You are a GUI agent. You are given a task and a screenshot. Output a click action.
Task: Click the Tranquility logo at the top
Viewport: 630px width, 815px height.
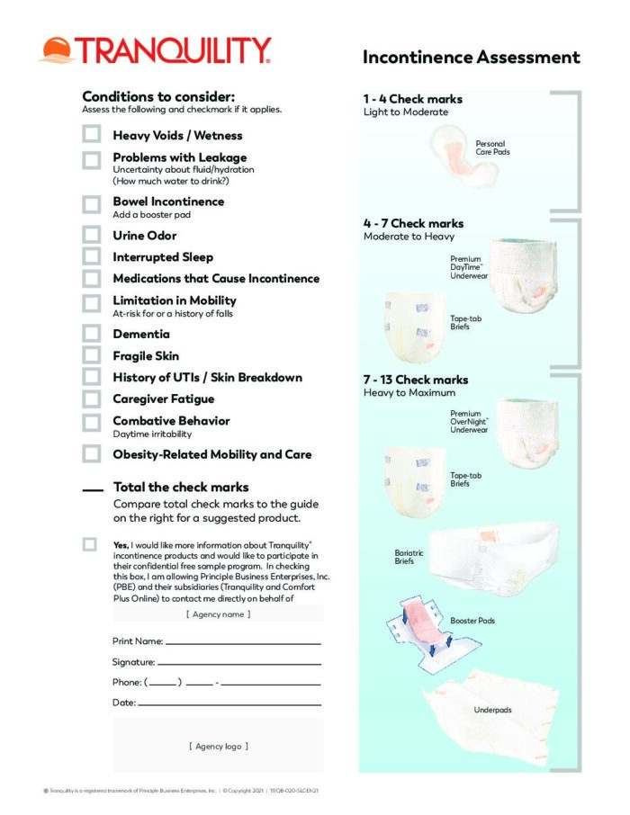tap(154, 50)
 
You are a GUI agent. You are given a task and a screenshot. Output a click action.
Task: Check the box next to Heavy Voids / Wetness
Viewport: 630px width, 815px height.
tap(92, 135)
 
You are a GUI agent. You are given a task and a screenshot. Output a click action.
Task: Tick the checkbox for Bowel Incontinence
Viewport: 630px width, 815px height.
tap(92, 204)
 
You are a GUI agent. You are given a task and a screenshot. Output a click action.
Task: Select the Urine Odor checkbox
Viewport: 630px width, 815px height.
tap(92, 235)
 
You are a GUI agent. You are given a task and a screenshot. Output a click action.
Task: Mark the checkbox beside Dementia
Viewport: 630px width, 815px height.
tap(92, 334)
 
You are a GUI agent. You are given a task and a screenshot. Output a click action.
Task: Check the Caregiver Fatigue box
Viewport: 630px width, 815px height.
tap(92, 399)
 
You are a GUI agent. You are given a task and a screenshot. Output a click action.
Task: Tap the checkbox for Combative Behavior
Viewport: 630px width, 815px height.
tap(92, 422)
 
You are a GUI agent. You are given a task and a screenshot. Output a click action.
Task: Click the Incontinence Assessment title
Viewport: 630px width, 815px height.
tap(471, 58)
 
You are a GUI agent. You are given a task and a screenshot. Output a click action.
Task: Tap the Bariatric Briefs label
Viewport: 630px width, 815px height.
tap(409, 557)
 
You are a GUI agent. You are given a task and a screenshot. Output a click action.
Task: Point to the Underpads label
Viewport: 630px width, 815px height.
tap(492, 710)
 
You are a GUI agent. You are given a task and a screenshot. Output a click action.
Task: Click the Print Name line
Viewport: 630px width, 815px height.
tap(243, 643)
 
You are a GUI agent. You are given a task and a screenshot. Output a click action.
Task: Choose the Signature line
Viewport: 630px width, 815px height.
tap(239, 663)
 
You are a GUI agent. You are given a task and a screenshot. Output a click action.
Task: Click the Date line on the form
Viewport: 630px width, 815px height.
tap(229, 703)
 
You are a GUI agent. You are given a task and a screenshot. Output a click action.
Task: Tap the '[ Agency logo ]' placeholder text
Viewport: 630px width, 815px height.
tap(218, 746)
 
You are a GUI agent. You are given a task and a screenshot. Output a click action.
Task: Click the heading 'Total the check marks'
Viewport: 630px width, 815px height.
tap(181, 488)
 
